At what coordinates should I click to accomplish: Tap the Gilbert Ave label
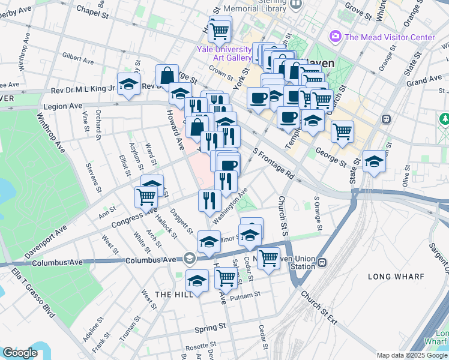[x=78, y=59]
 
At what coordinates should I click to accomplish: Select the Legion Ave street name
[x=62, y=106]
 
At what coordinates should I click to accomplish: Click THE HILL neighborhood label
[x=173, y=294]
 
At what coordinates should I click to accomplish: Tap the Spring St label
[x=210, y=328]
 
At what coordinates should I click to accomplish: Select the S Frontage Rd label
[x=274, y=164]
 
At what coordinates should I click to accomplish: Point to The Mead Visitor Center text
[x=390, y=37]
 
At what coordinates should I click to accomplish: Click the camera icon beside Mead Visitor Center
[x=336, y=37]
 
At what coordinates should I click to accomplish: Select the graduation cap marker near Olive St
[x=374, y=161]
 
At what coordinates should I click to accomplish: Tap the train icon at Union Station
[x=322, y=262]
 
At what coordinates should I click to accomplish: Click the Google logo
[x=20, y=353]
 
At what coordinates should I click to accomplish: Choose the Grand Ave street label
[x=424, y=80]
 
